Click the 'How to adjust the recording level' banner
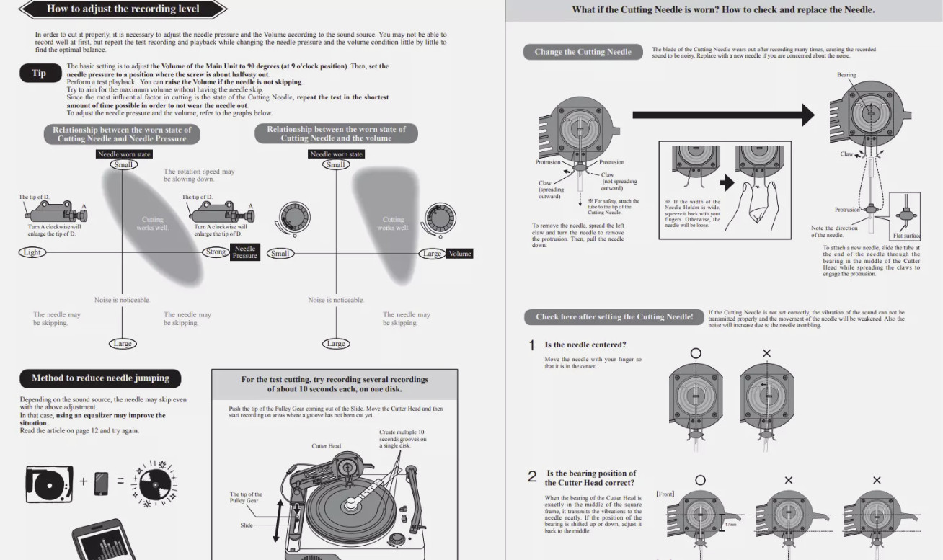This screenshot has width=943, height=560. click(x=123, y=9)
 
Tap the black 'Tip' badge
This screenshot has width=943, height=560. click(x=39, y=73)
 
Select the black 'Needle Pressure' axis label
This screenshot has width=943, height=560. click(x=244, y=252)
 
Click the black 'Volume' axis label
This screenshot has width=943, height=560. click(x=459, y=254)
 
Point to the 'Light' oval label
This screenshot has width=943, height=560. click(x=32, y=252)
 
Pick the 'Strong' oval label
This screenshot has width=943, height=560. click(x=216, y=252)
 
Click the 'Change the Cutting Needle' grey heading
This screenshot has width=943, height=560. click(x=583, y=52)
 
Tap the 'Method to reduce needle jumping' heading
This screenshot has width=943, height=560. click(x=100, y=378)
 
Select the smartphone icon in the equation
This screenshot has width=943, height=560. click(x=101, y=482)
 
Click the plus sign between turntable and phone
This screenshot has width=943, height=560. click(x=83, y=481)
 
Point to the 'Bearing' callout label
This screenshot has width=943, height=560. click(x=846, y=75)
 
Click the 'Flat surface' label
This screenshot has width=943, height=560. click(x=906, y=236)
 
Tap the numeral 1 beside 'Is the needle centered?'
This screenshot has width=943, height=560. click(x=532, y=346)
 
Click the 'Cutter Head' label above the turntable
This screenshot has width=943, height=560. click(x=326, y=446)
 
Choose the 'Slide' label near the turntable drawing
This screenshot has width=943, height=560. click(x=247, y=525)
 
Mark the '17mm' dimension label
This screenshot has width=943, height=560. click(x=731, y=524)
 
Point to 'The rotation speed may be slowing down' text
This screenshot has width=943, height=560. click(x=199, y=175)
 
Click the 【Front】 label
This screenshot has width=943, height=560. click(x=665, y=494)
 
